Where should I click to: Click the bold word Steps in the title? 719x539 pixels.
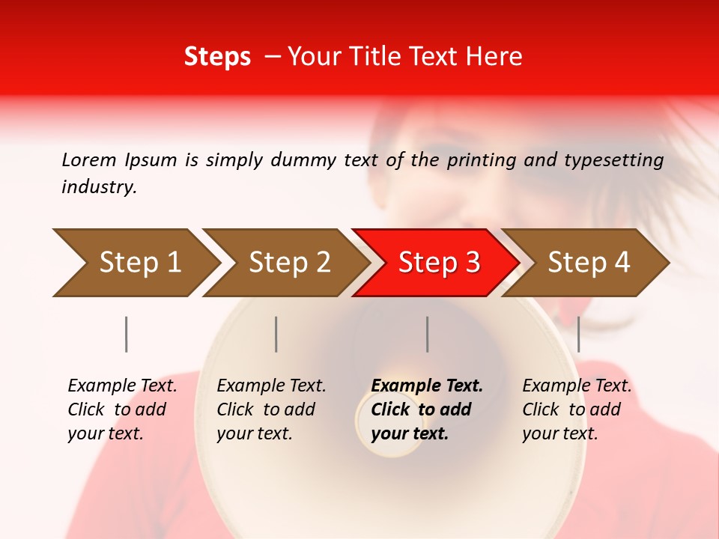tap(217, 57)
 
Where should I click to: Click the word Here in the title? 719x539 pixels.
tap(494, 57)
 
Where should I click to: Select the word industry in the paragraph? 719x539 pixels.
tap(99, 187)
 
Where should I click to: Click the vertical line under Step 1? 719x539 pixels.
tap(127, 334)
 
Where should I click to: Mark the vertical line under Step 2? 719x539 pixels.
tap(276, 334)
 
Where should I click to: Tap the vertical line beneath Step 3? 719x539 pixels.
tap(427, 334)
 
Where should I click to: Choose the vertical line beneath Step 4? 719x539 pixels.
tap(578, 334)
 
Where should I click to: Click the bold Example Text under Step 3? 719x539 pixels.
tap(427, 386)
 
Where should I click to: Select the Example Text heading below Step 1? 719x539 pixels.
tap(122, 386)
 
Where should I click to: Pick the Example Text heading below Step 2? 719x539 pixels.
tap(271, 386)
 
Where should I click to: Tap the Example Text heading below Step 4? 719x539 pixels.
tap(577, 386)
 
